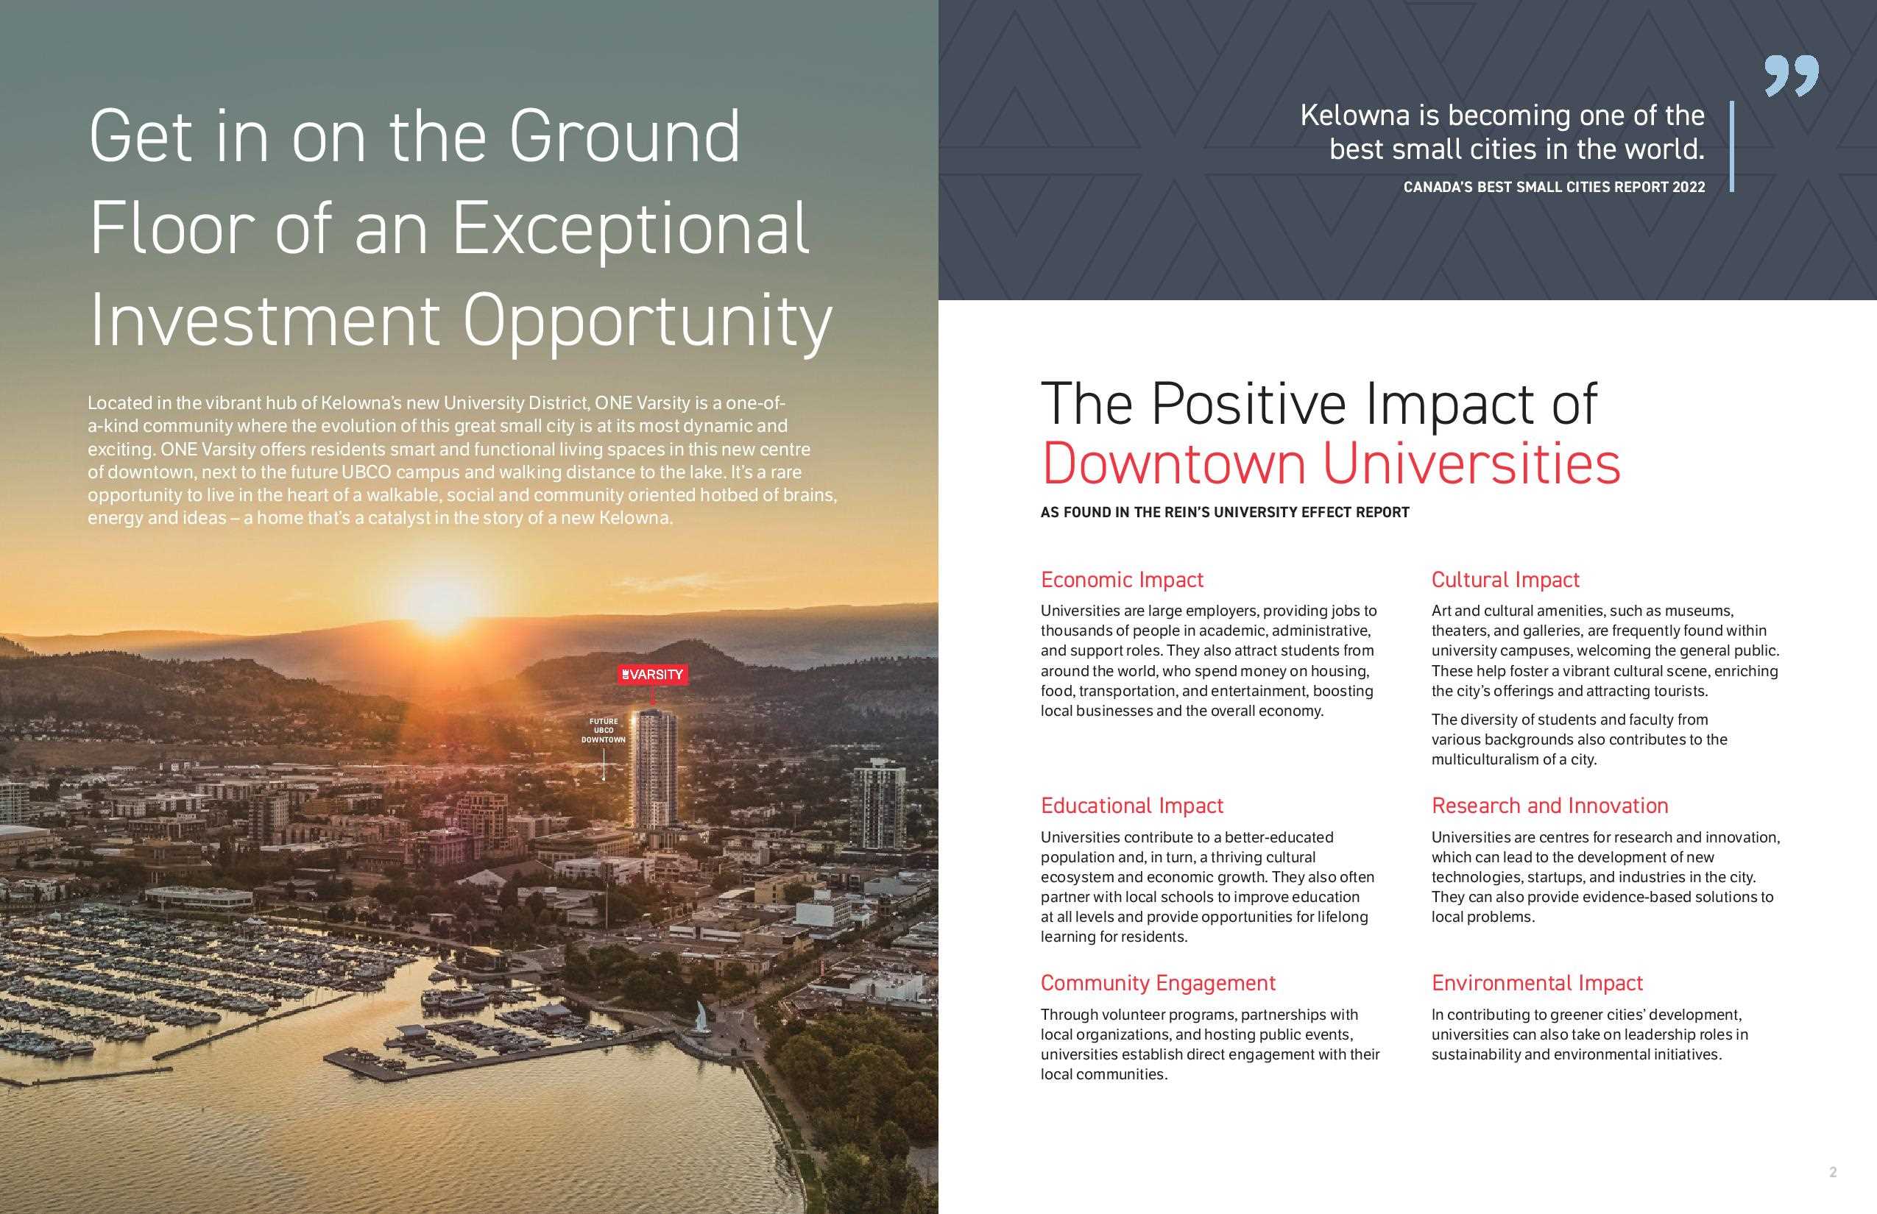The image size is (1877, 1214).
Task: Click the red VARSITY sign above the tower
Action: point(652,675)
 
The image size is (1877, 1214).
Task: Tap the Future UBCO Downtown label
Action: point(604,731)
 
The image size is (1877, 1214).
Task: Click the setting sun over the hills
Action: point(439,603)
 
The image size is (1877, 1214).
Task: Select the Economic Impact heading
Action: point(1122,581)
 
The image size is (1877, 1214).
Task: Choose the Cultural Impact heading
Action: point(1505,581)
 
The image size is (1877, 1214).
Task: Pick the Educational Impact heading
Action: point(1132,806)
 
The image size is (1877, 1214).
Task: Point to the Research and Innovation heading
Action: point(1549,806)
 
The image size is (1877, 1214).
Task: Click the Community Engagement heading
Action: point(1158,983)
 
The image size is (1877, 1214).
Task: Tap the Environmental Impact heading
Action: point(1537,983)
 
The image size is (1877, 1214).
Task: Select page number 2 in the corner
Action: point(1833,1172)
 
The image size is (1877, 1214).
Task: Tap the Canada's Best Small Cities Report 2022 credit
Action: point(1554,188)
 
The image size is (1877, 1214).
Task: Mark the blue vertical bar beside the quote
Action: point(1732,146)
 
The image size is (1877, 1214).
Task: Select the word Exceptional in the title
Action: point(630,230)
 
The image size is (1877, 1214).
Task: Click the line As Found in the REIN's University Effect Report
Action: point(1225,512)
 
